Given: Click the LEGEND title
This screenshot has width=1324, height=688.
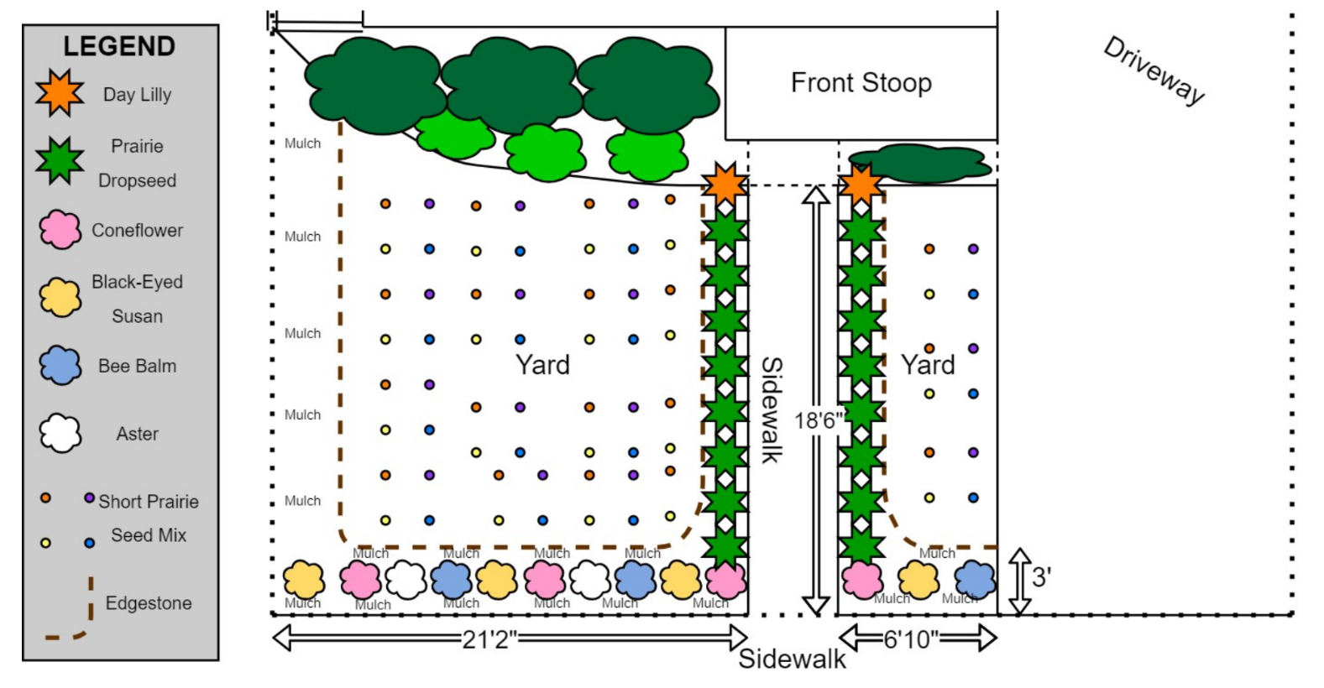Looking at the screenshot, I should click(x=119, y=46).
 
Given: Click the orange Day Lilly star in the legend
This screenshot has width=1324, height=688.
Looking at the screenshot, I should click(x=59, y=93).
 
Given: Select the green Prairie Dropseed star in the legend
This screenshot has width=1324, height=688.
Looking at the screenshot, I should click(x=59, y=161).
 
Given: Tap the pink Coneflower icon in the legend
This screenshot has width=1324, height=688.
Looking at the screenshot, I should click(x=60, y=230).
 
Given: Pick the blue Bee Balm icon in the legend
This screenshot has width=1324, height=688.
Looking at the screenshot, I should click(x=60, y=366).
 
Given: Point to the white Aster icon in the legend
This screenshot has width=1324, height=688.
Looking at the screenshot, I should click(x=60, y=434).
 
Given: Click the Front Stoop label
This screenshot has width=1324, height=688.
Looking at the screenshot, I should click(x=861, y=83).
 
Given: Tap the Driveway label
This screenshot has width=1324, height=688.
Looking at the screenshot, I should click(x=1154, y=70).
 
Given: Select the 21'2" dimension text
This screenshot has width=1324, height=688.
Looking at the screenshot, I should click(x=489, y=639).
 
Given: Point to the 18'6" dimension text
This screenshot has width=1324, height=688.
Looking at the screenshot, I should click(x=817, y=420).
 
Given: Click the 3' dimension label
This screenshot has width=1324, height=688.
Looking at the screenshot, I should click(x=1041, y=577).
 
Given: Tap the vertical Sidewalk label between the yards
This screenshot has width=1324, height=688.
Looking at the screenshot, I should click(x=771, y=409).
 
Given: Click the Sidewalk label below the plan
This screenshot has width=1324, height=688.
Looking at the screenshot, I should click(x=792, y=659).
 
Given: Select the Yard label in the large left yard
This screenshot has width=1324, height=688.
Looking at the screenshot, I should click(x=542, y=365).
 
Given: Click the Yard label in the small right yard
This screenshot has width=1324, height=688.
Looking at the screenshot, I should click(x=928, y=365).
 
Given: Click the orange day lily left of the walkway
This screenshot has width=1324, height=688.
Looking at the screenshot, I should click(x=725, y=182).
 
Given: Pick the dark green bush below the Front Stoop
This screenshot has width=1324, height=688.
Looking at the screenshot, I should click(x=919, y=163).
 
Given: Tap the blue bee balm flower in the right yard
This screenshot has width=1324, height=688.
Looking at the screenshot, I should click(x=975, y=579).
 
